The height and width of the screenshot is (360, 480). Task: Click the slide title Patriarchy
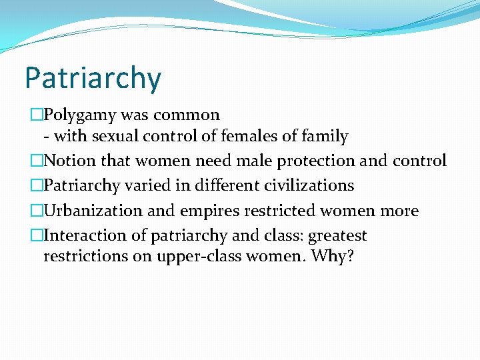[93, 79]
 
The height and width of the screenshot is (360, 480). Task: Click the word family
[325, 137]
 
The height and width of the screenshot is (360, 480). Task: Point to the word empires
[209, 211]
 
